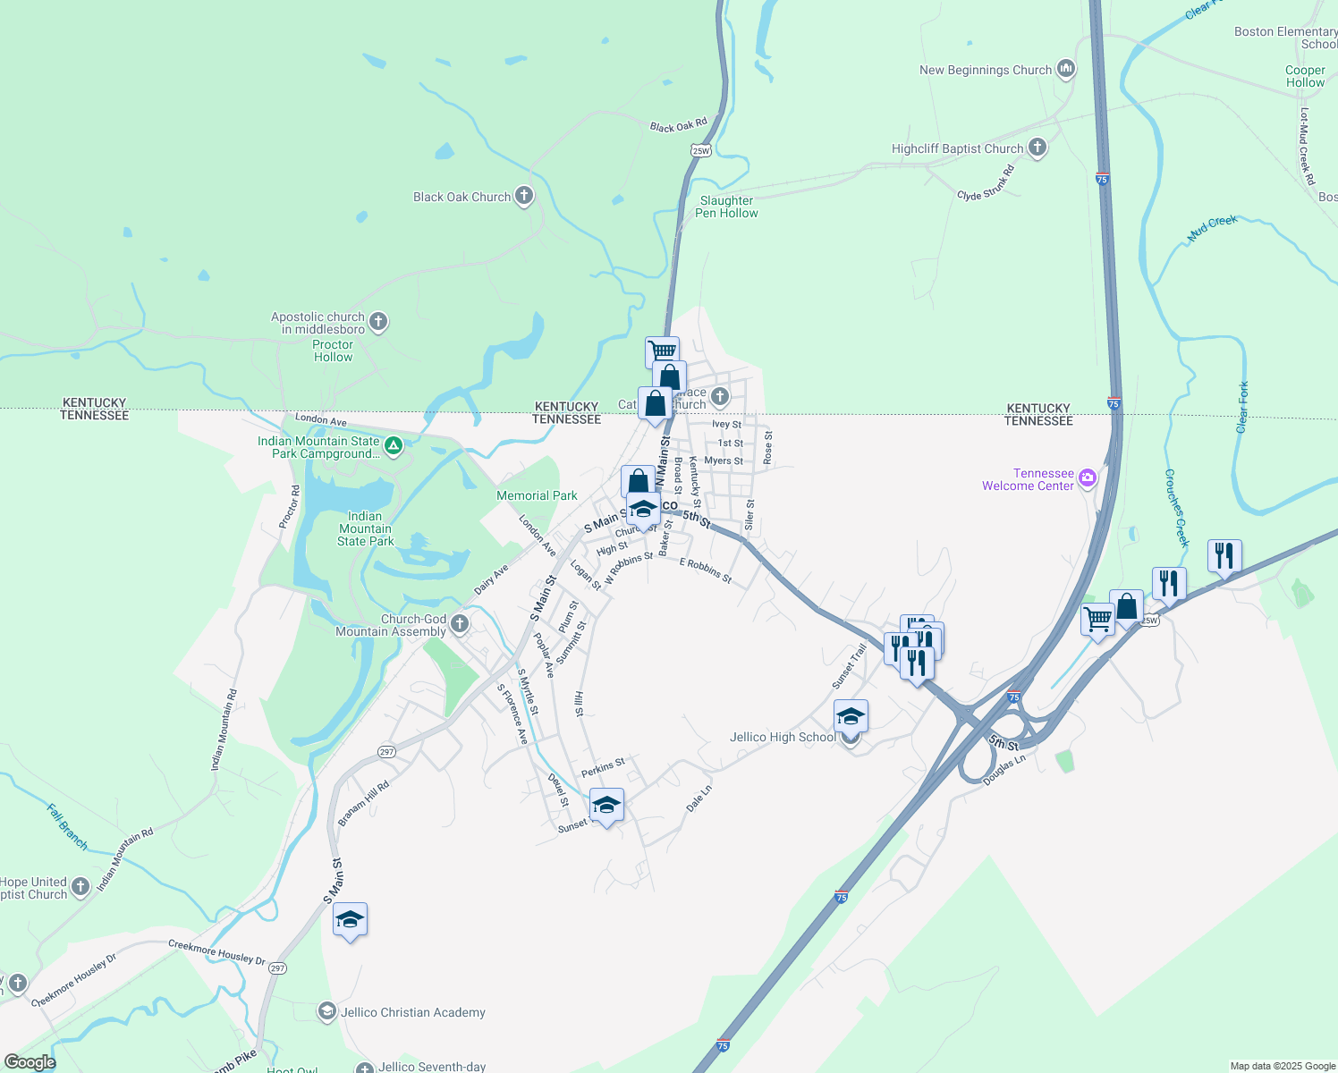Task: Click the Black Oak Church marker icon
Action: (524, 196)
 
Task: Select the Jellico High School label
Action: (783, 738)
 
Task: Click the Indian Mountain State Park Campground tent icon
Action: (393, 445)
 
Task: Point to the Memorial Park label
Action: (537, 495)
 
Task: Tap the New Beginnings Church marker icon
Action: (1065, 69)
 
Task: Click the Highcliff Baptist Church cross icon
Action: (1037, 148)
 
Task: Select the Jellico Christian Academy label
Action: (413, 1012)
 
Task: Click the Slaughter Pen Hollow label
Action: (726, 207)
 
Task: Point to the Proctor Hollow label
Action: (333, 351)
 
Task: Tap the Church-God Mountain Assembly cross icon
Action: (460, 623)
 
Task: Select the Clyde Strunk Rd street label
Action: (986, 184)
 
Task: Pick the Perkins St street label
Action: (603, 767)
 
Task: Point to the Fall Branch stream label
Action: (68, 826)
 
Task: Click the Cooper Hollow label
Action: (1305, 77)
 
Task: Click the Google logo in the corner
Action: (30, 1062)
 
